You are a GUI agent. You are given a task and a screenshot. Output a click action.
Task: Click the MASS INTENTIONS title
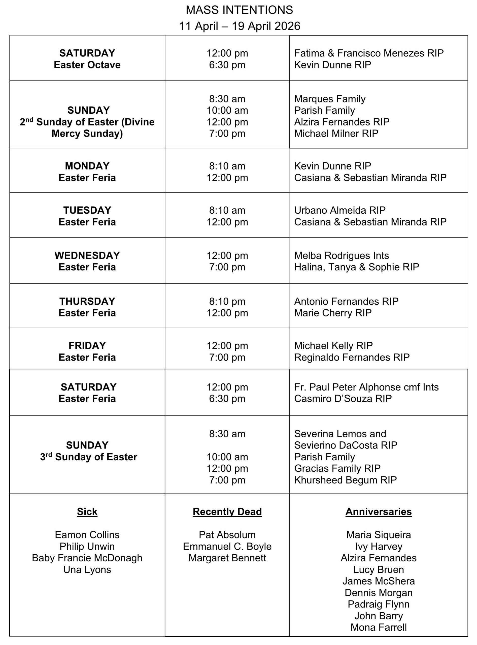tap(239, 10)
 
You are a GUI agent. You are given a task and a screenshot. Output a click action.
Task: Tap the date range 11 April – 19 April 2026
tap(239, 26)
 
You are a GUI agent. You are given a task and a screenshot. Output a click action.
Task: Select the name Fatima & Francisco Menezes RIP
tap(369, 53)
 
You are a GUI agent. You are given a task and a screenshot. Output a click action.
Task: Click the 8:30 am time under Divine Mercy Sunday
tap(227, 99)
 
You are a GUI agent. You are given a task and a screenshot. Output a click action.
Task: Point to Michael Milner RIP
tap(336, 134)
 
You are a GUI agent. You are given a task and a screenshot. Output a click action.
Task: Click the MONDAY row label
tap(87, 166)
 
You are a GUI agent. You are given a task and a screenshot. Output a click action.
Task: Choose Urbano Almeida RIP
tap(340, 210)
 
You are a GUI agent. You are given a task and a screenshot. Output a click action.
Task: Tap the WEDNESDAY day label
tap(87, 256)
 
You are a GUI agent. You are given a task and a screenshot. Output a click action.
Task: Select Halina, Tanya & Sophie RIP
tap(357, 267)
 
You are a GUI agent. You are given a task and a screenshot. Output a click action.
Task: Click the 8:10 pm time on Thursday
tap(227, 302)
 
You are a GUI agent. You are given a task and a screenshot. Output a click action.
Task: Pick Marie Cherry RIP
tap(333, 313)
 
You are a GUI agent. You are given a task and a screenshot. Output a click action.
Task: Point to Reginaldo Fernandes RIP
tap(352, 358)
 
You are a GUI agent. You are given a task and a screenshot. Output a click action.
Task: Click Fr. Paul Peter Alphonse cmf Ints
tap(366, 387)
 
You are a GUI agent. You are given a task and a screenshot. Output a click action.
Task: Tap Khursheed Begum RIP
tap(345, 480)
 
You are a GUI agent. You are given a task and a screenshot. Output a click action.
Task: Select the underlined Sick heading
tap(87, 512)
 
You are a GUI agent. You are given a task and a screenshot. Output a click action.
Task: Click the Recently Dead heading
tap(227, 512)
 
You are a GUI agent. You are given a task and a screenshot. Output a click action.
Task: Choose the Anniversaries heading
tap(379, 512)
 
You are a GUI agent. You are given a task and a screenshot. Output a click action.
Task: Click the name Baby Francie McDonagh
tap(87, 558)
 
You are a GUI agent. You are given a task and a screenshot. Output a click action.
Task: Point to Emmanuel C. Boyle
tap(227, 546)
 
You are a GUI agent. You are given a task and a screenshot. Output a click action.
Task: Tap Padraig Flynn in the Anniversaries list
tap(379, 604)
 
